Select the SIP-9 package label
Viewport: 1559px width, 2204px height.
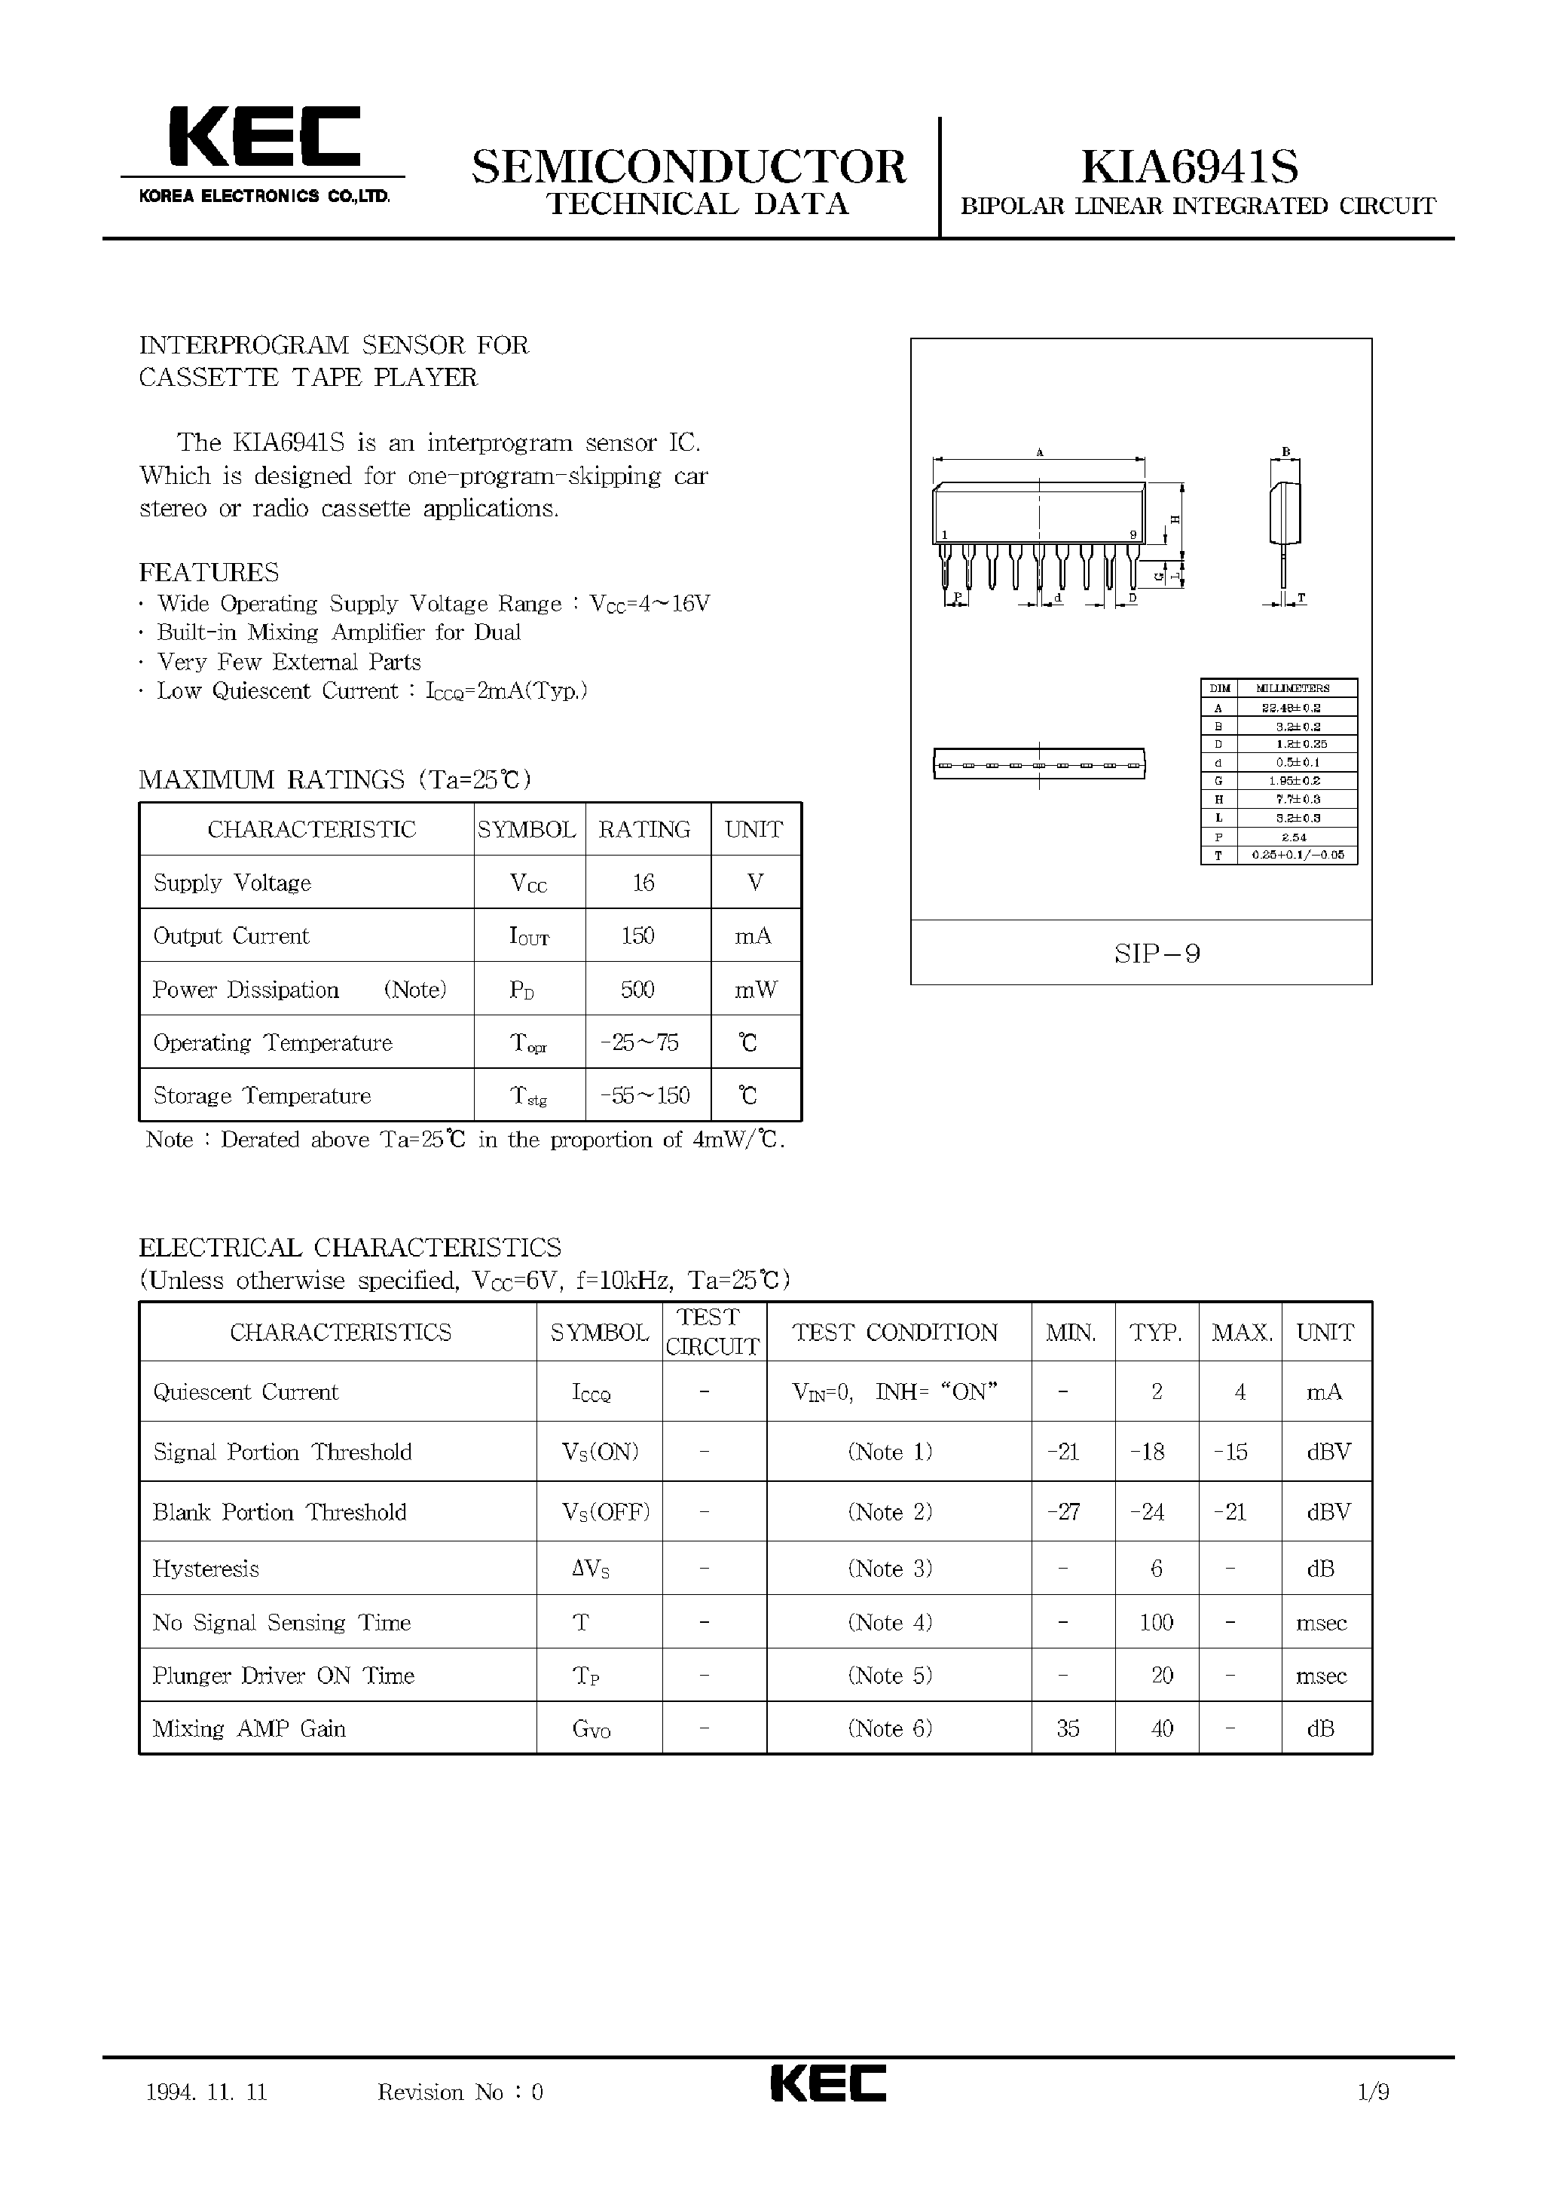tap(1157, 953)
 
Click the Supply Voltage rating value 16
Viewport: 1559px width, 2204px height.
tap(643, 883)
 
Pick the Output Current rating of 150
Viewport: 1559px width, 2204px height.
tap(638, 935)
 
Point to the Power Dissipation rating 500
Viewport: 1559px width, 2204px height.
tap(638, 989)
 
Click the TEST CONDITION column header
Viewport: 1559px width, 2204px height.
tap(894, 1332)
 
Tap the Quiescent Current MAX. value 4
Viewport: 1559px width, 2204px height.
tap(1240, 1392)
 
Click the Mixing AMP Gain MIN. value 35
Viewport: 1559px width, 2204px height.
tap(1068, 1728)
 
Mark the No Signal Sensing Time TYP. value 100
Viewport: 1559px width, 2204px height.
tap(1156, 1623)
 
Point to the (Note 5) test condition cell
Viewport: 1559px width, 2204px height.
tap(890, 1676)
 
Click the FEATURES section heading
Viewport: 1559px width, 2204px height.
tap(209, 572)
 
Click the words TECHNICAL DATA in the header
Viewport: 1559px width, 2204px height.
tap(698, 204)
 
